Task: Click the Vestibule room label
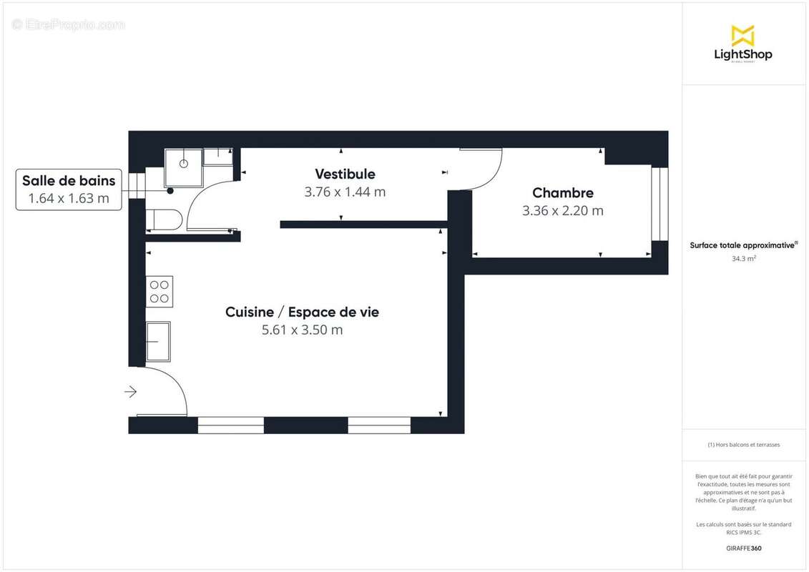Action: [345, 174]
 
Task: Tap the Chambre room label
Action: [563, 192]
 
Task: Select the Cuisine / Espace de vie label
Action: [302, 312]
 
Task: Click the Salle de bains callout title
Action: [69, 180]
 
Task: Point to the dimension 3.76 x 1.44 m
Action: [345, 192]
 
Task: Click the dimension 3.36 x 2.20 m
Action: [563, 210]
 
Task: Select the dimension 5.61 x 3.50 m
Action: [302, 330]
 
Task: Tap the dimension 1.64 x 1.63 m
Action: [69, 198]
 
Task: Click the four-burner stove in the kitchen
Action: [160, 291]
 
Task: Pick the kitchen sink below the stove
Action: [158, 341]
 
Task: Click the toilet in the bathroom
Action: [164, 220]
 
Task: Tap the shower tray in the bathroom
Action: [183, 167]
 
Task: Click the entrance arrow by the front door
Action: [131, 391]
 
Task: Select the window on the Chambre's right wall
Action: [659, 204]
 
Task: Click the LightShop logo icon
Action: [743, 35]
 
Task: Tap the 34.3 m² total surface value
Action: [744, 259]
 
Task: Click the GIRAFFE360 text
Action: [744, 548]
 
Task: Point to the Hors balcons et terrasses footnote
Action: [744, 445]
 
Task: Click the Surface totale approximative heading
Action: [743, 245]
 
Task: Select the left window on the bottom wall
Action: [230, 425]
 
